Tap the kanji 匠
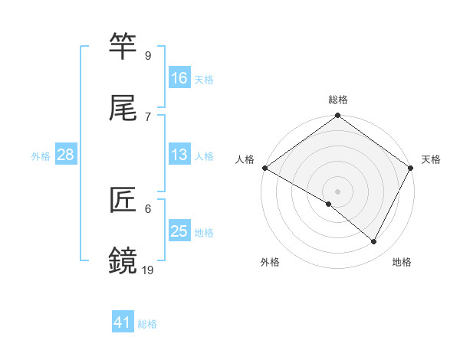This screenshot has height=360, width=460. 124,200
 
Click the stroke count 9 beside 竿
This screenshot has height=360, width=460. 148,55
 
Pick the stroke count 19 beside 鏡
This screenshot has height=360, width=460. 148,270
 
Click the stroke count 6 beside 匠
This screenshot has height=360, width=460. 148,208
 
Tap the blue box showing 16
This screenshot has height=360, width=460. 179,78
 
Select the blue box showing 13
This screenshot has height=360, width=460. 179,155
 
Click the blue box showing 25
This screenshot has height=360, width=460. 179,231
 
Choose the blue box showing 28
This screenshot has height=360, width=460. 65,155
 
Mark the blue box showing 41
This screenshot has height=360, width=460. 123,323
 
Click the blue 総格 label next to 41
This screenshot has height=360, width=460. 147,324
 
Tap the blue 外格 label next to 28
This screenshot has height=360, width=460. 41,155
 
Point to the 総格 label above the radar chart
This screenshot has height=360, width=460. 338,100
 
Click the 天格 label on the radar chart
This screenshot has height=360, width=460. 432,159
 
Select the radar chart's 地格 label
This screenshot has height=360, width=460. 402,262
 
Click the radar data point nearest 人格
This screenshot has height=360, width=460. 264,168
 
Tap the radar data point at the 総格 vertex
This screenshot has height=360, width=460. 338,116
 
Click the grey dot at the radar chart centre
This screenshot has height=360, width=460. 338,191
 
